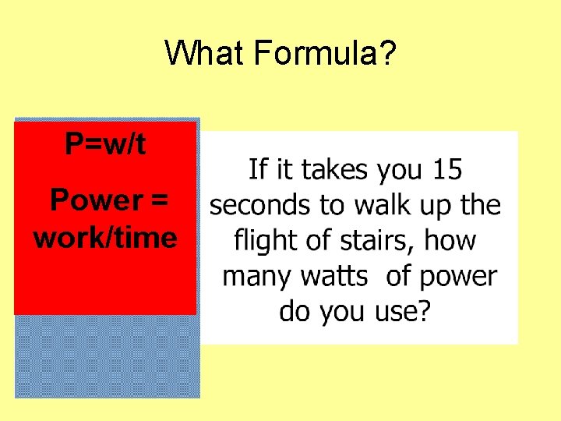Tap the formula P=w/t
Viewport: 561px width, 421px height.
(x=105, y=144)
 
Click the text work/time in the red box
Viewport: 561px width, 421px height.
(x=105, y=238)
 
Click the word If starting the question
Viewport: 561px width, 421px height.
(x=256, y=169)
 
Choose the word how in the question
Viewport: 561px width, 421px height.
(x=450, y=240)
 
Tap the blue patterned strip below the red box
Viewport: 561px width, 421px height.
(x=105, y=356)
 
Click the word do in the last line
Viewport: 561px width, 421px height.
(x=294, y=312)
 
